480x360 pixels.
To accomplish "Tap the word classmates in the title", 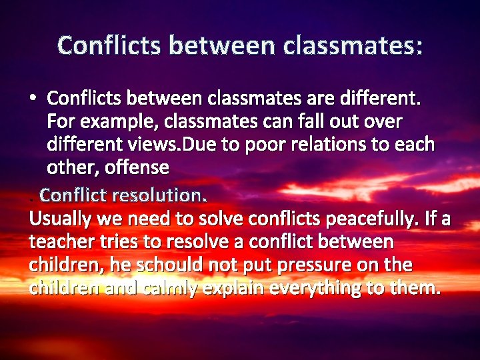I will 353,45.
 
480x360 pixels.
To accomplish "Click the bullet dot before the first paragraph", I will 33,99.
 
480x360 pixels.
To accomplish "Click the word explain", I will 230,288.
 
